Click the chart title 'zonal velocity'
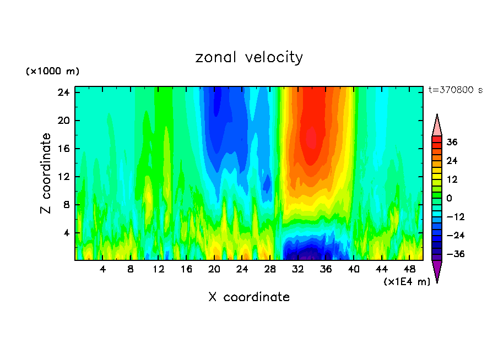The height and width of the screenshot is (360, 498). click(x=249, y=57)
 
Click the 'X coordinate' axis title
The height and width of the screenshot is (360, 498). click(x=249, y=297)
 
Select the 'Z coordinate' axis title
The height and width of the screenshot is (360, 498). click(x=47, y=173)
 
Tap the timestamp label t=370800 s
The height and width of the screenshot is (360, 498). click(x=455, y=90)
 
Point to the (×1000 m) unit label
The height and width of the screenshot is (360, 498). click(x=52, y=72)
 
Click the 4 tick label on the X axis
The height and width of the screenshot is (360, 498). click(x=103, y=270)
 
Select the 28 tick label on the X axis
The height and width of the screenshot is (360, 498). click(x=270, y=270)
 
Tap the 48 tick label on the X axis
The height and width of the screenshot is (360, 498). click(x=409, y=270)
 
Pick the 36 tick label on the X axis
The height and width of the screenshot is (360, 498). click(x=326, y=270)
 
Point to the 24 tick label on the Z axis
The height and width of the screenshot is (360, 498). click(x=63, y=92)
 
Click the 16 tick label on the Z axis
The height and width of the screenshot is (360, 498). click(x=63, y=149)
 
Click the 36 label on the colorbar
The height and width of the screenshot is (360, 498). click(x=452, y=142)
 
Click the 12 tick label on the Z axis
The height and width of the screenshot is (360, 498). click(x=63, y=177)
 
